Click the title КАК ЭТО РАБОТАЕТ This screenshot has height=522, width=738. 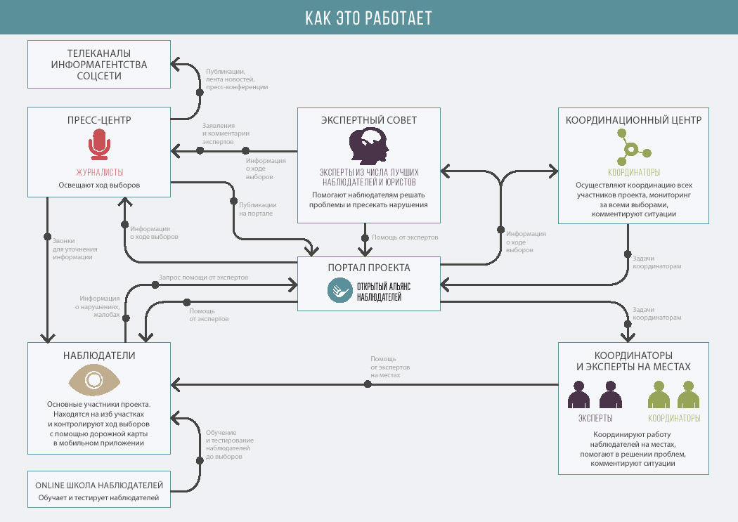point(368,18)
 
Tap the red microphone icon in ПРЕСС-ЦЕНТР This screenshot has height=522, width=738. point(99,147)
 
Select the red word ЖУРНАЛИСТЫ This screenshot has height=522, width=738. point(99,172)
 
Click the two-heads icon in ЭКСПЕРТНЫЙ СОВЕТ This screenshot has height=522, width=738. point(369,147)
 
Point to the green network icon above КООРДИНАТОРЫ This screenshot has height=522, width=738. point(633,148)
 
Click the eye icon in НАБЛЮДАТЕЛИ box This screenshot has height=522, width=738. point(94,380)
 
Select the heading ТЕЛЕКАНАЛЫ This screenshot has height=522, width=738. point(99,53)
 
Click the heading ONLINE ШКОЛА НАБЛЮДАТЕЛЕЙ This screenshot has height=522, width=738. point(99,485)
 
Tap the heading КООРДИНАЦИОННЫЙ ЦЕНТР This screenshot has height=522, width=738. point(633,120)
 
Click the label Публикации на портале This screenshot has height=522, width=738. point(256,209)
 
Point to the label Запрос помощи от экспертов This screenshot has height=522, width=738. point(203,278)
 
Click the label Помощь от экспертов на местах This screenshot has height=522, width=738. point(390,367)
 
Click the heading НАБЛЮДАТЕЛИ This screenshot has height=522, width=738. point(99,355)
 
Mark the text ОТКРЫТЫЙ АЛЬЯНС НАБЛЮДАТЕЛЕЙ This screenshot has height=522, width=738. point(384,292)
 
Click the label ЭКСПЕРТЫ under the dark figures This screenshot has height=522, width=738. point(595,418)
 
